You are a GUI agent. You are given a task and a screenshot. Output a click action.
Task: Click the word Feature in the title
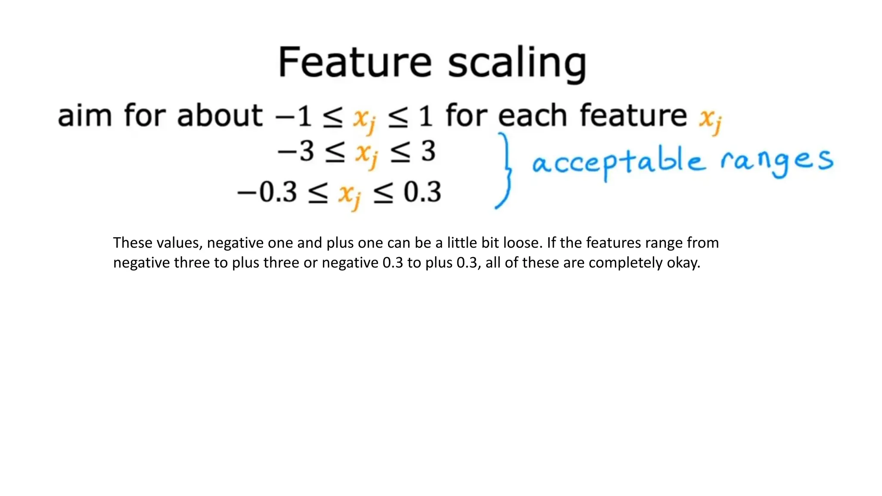pos(354,62)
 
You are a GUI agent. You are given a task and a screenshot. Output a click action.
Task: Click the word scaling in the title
pos(517,65)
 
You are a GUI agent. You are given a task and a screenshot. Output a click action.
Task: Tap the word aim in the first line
pos(85,116)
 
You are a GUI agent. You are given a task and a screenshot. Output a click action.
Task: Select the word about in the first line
pos(220,116)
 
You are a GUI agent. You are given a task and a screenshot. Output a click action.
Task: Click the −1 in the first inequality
pos(294,116)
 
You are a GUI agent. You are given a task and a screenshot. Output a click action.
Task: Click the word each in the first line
pos(532,116)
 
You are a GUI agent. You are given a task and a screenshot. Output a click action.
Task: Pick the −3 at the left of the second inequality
pos(296,152)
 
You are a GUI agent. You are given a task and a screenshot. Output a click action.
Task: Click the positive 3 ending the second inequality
pos(428,152)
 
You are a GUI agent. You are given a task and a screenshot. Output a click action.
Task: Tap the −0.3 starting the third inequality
pos(267,192)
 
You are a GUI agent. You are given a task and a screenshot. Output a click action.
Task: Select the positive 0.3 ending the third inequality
pos(422,192)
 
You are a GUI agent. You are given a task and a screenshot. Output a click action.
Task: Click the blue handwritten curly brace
pos(505,170)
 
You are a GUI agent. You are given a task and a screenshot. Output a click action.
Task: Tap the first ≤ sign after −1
pos(333,117)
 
